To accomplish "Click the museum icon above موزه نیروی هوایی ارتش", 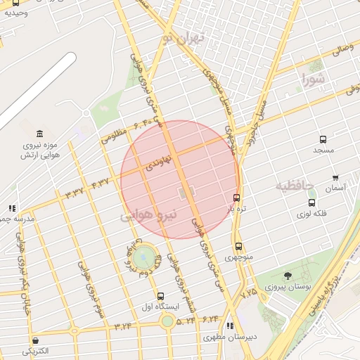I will click(39, 134).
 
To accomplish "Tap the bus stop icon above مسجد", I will click(323, 139).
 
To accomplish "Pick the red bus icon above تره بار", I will click(236, 198).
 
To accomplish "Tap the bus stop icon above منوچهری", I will click(238, 246).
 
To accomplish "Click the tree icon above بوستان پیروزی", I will click(287, 276).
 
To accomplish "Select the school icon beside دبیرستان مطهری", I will click(231, 325).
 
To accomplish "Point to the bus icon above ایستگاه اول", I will click(160, 296).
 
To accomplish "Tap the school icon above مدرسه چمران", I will click(11, 208).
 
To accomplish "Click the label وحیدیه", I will click(15, 12).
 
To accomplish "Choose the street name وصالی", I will click(340, 51).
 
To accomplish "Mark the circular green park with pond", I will click(143, 255).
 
